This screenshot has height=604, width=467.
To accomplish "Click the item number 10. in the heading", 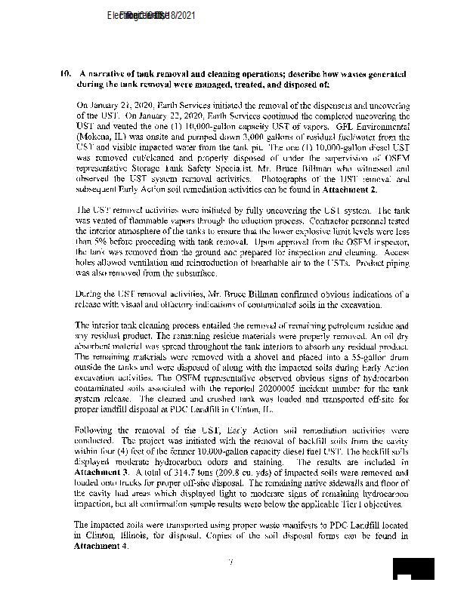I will coord(65,73).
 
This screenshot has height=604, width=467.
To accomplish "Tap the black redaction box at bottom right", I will coord(414,569).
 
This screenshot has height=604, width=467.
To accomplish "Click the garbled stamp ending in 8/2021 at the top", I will coord(152,16).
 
